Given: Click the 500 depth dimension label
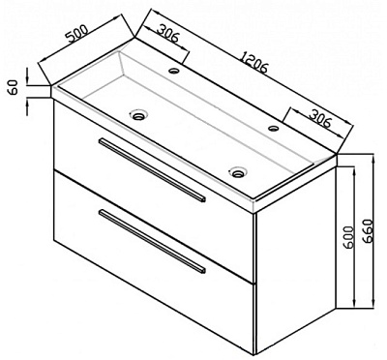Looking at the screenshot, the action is click(x=77, y=34).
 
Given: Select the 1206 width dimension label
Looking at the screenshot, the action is click(x=254, y=62).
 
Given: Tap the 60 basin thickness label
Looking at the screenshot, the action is click(x=14, y=87).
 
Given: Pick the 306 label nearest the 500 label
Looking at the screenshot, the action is click(x=167, y=34).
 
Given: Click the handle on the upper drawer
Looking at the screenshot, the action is click(x=152, y=170).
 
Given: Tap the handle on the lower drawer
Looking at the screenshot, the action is click(x=152, y=241).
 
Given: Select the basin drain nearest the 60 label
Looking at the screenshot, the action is click(x=139, y=114).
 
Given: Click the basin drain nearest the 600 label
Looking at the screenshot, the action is click(x=238, y=172).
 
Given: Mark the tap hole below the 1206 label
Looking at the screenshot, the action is click(x=174, y=70).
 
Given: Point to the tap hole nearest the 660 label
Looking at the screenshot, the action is click(x=274, y=129).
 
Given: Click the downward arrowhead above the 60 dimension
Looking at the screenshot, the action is click(x=27, y=77).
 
